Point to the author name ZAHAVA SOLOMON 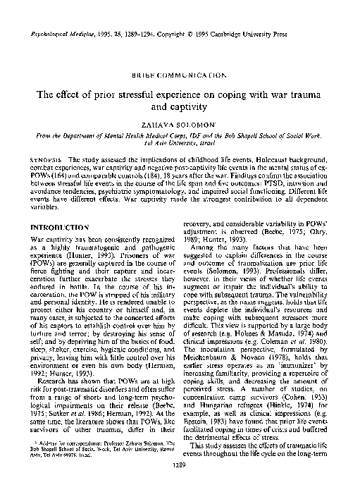(180, 124)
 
